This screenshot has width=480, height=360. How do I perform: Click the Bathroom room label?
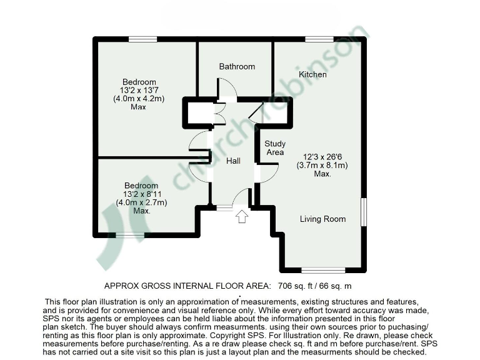pyautogui.click(x=237, y=66)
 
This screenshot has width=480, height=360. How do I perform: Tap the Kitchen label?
pyautogui.click(x=312, y=74)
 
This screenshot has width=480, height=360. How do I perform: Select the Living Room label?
pyautogui.click(x=322, y=219)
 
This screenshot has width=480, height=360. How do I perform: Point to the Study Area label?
pyautogui.click(x=275, y=148)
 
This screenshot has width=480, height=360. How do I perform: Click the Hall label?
pyautogui.click(x=233, y=161)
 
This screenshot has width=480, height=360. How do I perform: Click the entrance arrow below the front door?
pyautogui.click(x=242, y=217)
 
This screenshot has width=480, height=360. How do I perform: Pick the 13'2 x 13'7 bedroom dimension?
pyautogui.click(x=139, y=91)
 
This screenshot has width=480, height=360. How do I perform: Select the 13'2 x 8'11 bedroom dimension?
pyautogui.click(x=141, y=194)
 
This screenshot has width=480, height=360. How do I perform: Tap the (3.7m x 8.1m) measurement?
pyautogui.click(x=322, y=166)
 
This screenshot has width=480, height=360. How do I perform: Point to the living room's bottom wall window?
pyautogui.click(x=323, y=270)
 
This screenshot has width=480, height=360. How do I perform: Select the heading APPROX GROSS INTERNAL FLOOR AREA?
pyautogui.click(x=187, y=286)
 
